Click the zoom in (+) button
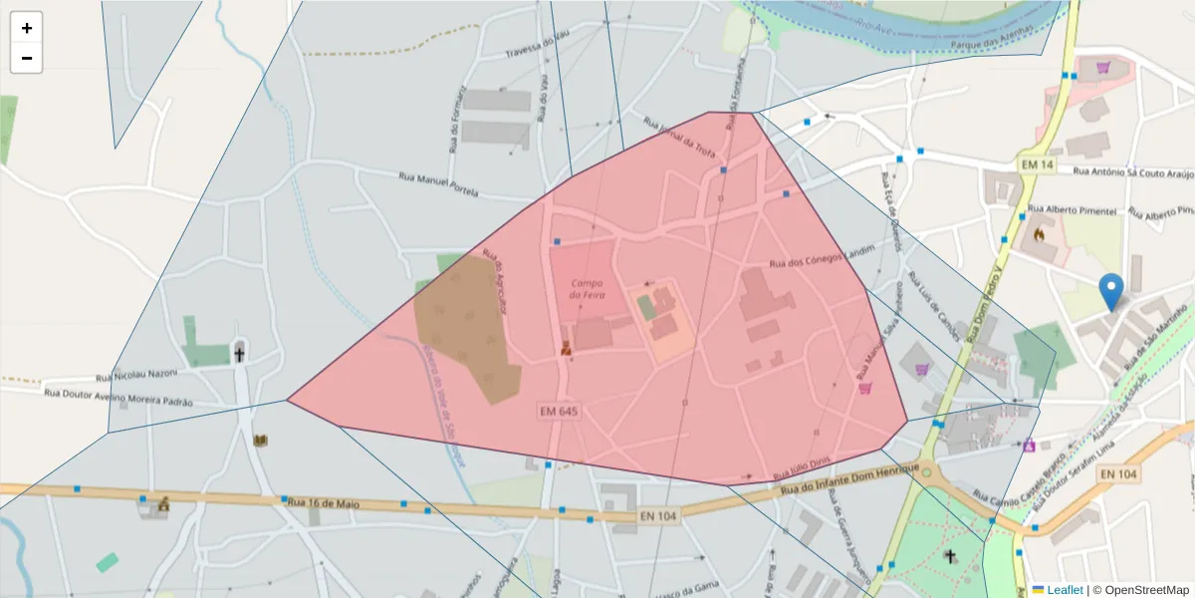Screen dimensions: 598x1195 [27, 28]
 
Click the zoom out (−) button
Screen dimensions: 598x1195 [27, 58]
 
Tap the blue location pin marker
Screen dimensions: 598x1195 [1111, 293]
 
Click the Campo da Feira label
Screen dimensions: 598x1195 [589, 289]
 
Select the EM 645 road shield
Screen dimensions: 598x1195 [559, 411]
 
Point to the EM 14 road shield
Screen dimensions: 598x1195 [1037, 163]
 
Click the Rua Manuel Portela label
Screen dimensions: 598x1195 [438, 184]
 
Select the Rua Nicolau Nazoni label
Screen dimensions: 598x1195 [136, 375]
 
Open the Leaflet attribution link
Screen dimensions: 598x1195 [1065, 590]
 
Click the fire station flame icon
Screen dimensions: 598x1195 [1039, 236]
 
